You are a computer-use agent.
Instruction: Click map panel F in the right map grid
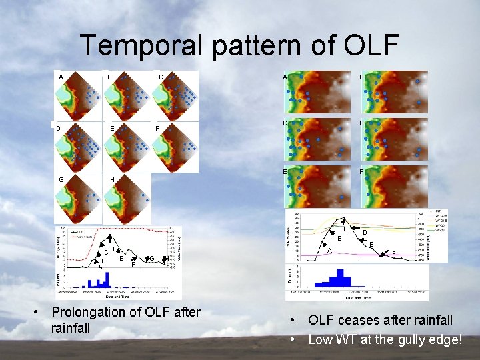(394, 188)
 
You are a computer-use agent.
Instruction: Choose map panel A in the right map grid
(317, 92)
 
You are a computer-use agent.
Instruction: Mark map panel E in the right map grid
(317, 188)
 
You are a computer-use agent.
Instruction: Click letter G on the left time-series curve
(153, 259)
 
